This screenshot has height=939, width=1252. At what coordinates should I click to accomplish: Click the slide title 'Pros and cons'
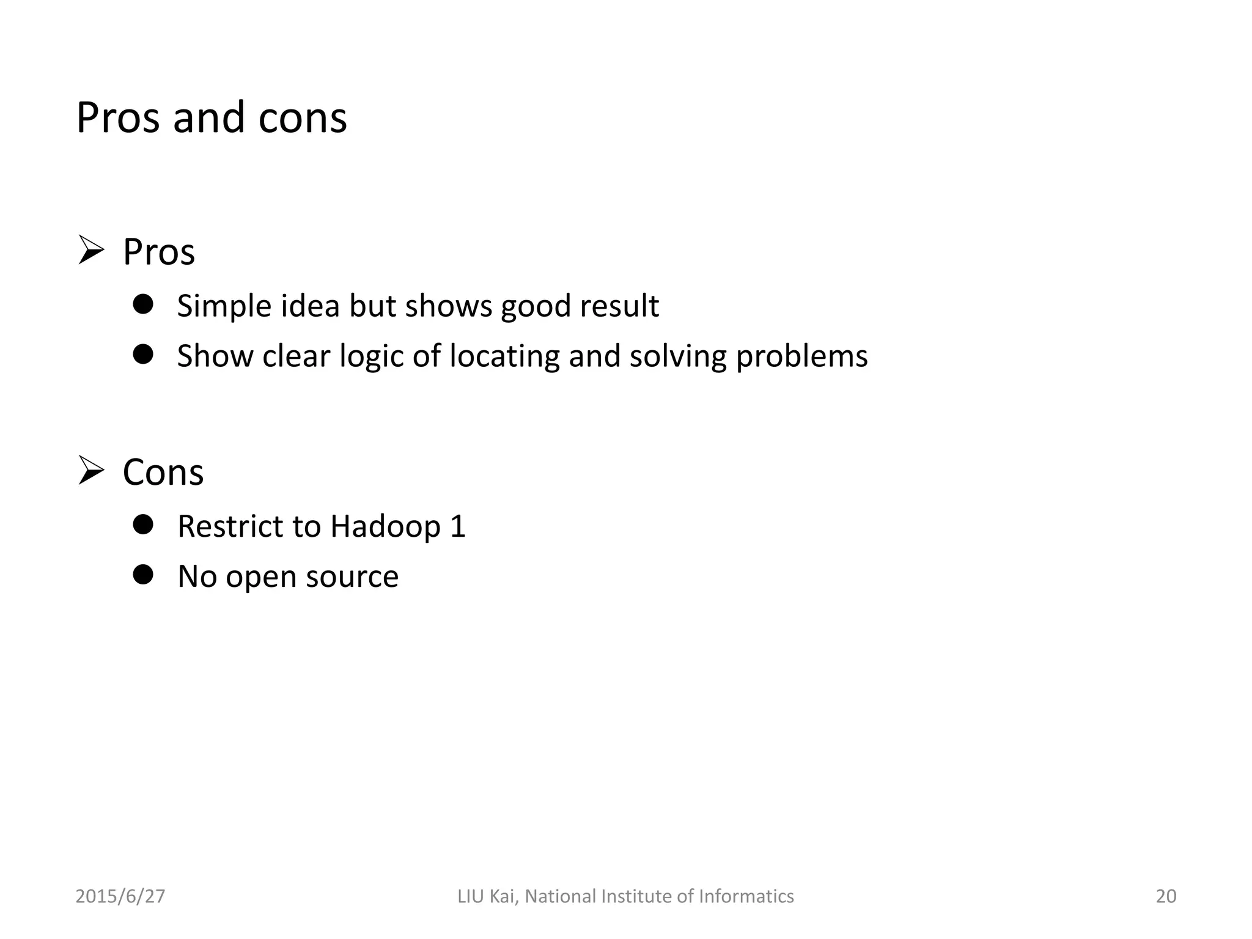pos(212,117)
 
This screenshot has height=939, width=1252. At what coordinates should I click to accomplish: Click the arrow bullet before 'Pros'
pos(91,251)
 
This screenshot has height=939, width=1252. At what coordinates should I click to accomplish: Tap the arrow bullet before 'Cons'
pos(91,471)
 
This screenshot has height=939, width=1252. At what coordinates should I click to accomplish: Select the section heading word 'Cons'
pos(163,473)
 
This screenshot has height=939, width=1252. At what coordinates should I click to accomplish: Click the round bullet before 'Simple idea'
pos(143,304)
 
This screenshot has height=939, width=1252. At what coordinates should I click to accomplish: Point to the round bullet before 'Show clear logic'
pos(143,354)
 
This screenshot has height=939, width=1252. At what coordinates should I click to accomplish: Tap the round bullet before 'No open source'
pos(143,575)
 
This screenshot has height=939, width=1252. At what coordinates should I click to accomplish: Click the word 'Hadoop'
pos(385,526)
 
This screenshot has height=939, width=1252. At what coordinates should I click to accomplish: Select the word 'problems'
pos(801,356)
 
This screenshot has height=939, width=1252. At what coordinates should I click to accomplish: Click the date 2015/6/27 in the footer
pos(120,896)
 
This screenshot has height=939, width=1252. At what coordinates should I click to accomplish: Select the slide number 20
pos(1166,896)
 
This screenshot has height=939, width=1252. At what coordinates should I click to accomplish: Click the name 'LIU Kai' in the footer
pos(488,896)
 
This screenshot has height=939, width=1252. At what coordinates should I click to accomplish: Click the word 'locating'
pos(504,356)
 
